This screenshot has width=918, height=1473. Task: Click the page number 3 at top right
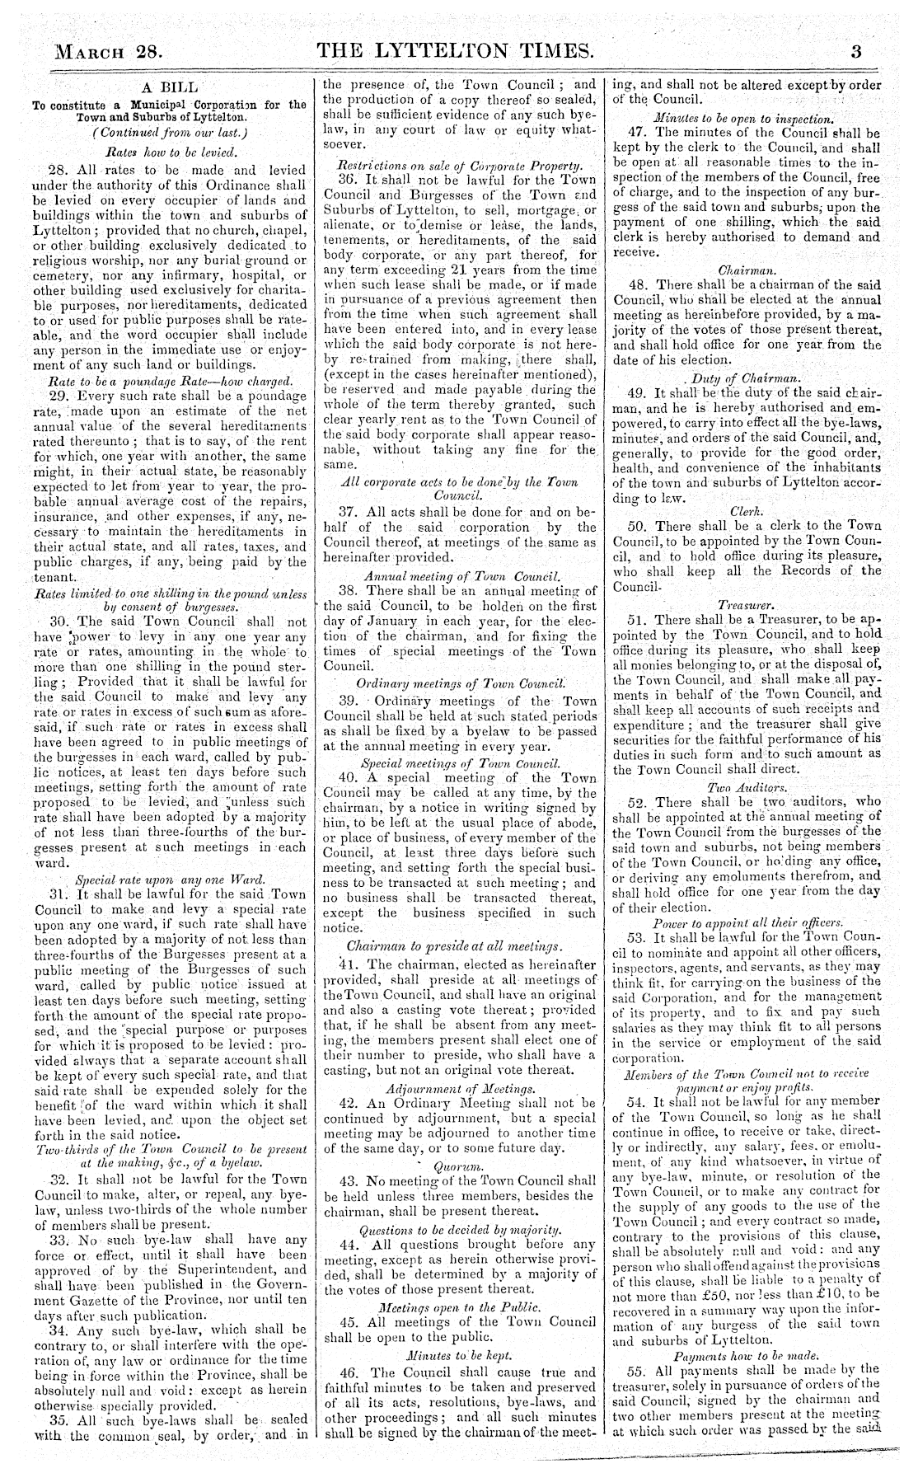(x=856, y=52)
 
